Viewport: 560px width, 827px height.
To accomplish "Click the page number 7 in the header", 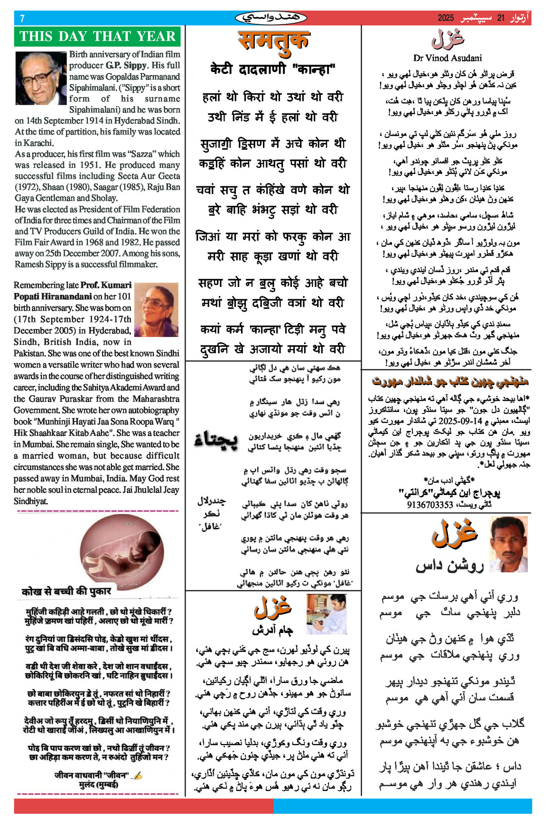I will click(22, 18).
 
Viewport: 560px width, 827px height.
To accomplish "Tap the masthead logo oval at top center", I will click(271, 18).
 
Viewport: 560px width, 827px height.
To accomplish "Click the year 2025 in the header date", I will click(446, 18).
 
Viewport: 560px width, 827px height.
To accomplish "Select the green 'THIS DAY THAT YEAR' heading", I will click(97, 37).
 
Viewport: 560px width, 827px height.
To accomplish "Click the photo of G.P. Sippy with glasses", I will click(40, 78).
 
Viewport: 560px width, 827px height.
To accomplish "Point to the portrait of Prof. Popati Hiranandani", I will click(156, 310).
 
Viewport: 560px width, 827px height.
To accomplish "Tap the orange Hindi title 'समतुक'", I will click(273, 40).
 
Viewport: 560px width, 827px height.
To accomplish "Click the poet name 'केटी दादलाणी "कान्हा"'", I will click(273, 70).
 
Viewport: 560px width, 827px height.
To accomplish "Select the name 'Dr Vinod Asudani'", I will click(447, 58).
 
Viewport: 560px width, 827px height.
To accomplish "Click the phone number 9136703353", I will click(430, 505).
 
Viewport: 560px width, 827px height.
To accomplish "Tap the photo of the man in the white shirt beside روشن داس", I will click(508, 544).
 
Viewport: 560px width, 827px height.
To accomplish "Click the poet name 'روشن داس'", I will click(449, 565).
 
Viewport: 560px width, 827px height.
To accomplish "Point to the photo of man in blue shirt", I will click(326, 614).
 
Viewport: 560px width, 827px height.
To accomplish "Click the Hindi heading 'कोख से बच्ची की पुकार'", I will click(66, 591).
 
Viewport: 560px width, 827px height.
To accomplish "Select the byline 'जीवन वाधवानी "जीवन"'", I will click(92, 775).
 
